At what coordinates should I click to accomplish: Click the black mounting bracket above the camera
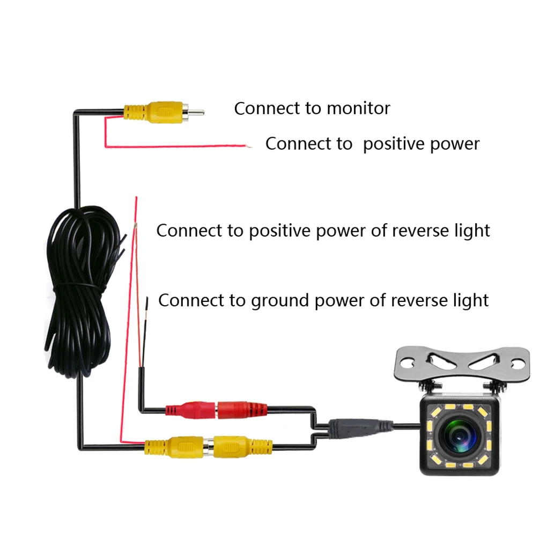[462, 365]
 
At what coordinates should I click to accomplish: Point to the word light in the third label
[471, 231]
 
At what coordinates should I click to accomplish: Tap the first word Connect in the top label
[268, 108]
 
